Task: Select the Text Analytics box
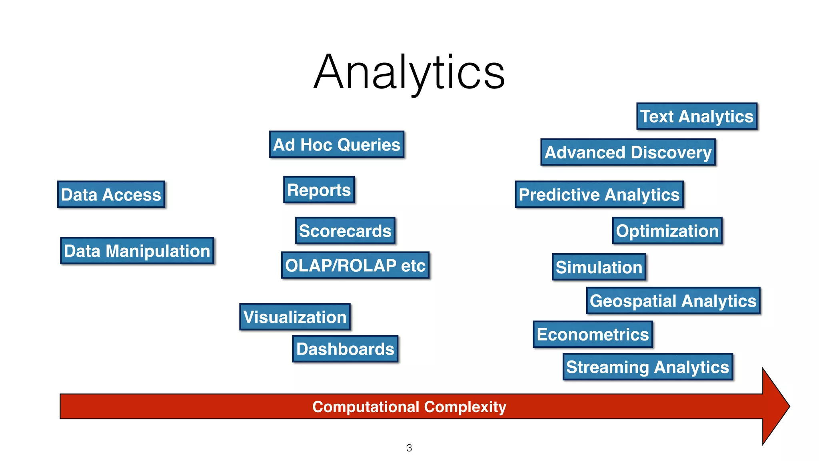click(697, 116)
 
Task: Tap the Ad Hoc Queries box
click(336, 144)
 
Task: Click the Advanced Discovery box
click(628, 152)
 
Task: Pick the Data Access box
click(111, 194)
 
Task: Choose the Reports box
click(319, 190)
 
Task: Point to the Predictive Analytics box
click(599, 194)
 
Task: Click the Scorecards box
click(345, 231)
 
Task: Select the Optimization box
click(667, 231)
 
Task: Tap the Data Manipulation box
click(137, 251)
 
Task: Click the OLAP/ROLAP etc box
click(355, 265)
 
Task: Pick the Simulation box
click(599, 267)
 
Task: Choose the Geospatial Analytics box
click(673, 301)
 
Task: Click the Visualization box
click(295, 317)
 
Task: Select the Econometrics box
click(593, 334)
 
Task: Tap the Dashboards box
click(345, 349)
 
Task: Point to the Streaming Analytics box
click(647, 367)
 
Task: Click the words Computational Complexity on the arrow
click(409, 407)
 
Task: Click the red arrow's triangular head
click(774, 407)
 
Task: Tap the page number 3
click(409, 448)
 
